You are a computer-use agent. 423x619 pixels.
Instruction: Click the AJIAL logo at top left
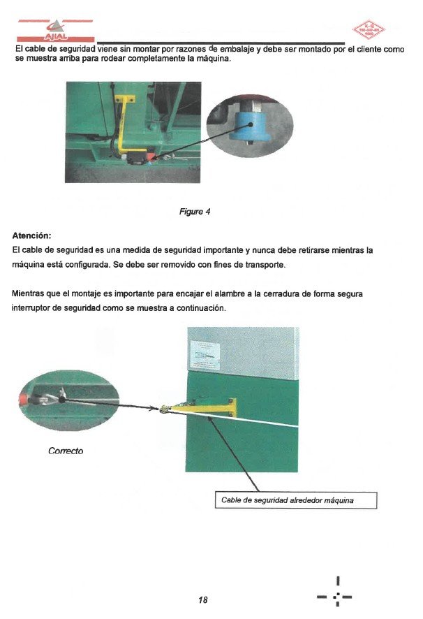tap(55, 32)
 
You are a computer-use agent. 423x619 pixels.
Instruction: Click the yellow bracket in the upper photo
tap(125, 126)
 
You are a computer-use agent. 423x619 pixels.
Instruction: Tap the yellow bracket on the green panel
tap(213, 408)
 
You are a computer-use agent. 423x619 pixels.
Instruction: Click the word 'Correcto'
tap(65, 451)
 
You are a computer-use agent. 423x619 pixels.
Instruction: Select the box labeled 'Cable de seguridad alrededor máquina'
tap(295, 500)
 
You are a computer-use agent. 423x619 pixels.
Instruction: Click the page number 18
tap(203, 600)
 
